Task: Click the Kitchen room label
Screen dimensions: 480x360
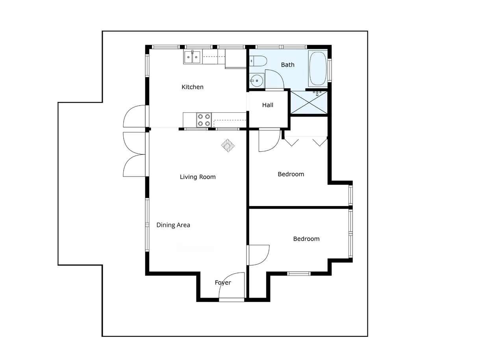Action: (x=192, y=87)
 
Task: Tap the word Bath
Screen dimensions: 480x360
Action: (x=287, y=65)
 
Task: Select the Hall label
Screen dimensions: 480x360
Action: (x=267, y=105)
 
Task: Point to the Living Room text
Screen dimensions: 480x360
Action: (x=197, y=177)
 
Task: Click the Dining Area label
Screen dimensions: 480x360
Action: (x=173, y=225)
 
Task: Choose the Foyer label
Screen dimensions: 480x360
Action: (x=222, y=282)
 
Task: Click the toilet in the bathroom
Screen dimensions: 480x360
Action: (x=258, y=61)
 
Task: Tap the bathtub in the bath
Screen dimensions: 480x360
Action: (x=318, y=68)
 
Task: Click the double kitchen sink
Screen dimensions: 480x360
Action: (x=193, y=57)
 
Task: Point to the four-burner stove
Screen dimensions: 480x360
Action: (x=204, y=120)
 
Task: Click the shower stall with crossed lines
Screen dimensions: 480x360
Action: (x=309, y=102)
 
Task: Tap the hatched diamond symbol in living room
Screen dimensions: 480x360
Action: (x=228, y=145)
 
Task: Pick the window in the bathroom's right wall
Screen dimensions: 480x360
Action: (x=329, y=70)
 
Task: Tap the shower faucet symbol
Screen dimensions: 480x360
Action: (x=317, y=93)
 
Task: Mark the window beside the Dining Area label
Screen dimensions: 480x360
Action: (x=147, y=225)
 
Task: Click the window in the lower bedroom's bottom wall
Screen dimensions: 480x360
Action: (x=299, y=273)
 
